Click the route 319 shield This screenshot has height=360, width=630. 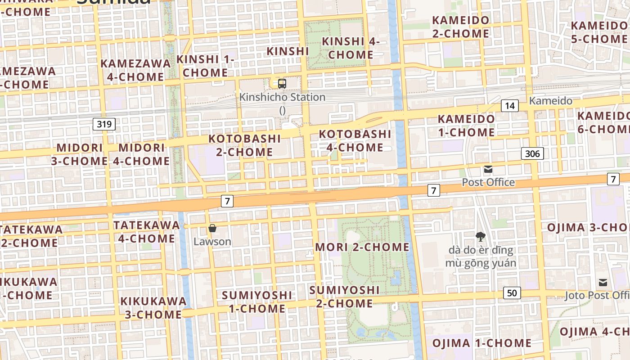tap(104, 124)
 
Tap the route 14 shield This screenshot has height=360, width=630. tap(510, 106)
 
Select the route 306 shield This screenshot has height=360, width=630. tap(532, 153)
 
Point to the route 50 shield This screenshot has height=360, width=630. tap(512, 293)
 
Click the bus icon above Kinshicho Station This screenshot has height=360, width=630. tap(282, 83)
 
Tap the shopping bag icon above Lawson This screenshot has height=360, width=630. tap(212, 229)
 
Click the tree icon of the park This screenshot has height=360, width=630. tap(481, 236)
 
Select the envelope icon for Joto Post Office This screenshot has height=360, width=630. tap(603, 283)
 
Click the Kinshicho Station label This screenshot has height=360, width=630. tap(282, 97)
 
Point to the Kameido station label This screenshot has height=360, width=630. tap(551, 101)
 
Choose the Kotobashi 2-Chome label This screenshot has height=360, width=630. tap(245, 145)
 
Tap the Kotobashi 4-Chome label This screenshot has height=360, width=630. tap(355, 140)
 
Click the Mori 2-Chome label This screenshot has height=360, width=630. tap(362, 247)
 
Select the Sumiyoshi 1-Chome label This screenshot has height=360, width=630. tap(257, 301)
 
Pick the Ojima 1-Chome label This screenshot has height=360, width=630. tap(482, 343)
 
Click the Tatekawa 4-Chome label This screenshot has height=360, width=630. tap(147, 231)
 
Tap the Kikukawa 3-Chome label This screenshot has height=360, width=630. tap(153, 307)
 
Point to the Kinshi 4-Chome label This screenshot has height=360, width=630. tap(351, 48)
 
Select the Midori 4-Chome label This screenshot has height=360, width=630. tap(144, 154)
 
